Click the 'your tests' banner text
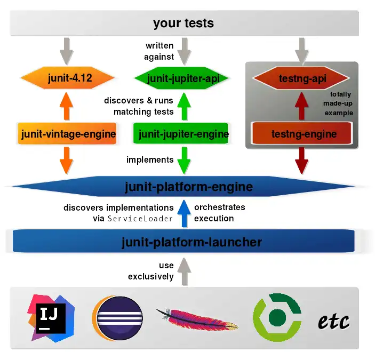(x=183, y=23)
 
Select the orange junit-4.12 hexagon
(x=67, y=78)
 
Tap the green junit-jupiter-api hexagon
(x=183, y=78)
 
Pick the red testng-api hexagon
(x=302, y=79)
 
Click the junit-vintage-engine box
(x=68, y=134)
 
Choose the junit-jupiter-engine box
(x=183, y=134)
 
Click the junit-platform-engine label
(x=188, y=187)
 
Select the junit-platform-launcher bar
(x=192, y=242)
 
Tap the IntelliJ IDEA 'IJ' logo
(x=51, y=318)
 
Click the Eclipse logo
(x=117, y=319)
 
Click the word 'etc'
(x=333, y=321)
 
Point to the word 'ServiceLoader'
(x=141, y=219)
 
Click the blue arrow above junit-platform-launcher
(x=183, y=213)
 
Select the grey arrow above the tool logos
(x=183, y=271)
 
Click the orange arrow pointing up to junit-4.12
(x=66, y=106)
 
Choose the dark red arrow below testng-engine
(x=301, y=160)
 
